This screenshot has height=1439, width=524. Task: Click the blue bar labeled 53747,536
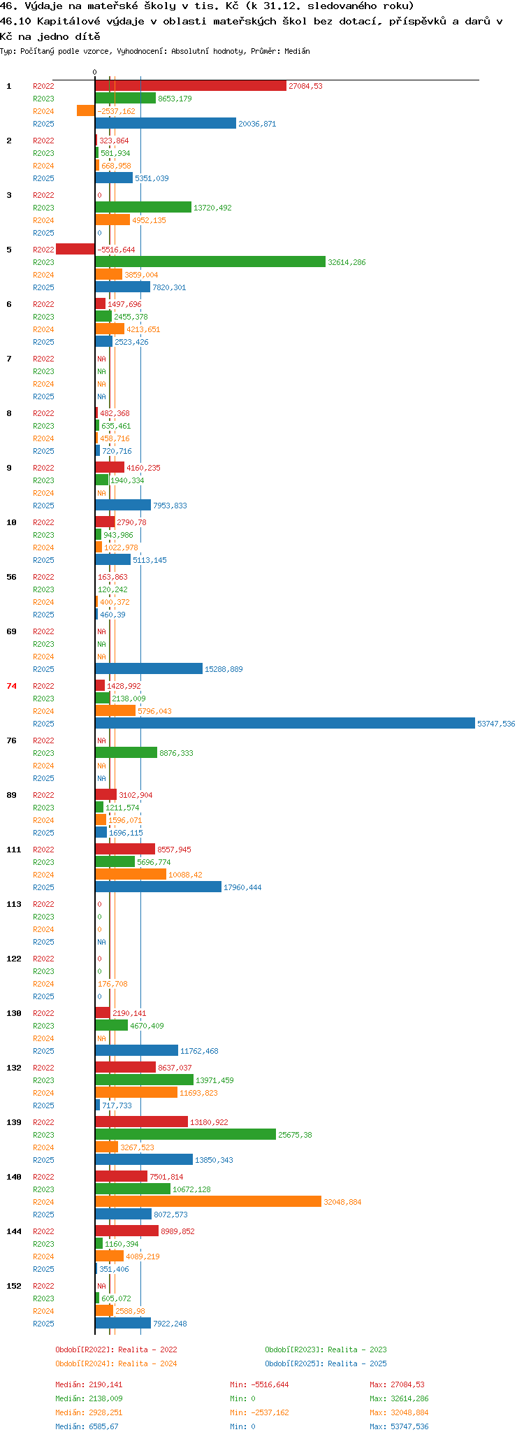[x=285, y=724]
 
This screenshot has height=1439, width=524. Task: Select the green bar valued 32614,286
[x=210, y=262]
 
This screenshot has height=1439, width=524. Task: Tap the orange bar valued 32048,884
[x=208, y=1202]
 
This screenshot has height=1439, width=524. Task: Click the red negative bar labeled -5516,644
[x=75, y=250]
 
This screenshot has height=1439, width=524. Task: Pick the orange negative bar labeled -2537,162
[x=86, y=111]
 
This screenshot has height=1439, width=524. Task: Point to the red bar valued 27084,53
[x=191, y=86]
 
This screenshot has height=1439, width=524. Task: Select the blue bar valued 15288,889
[x=149, y=669]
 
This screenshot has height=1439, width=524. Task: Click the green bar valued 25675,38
[x=186, y=1135]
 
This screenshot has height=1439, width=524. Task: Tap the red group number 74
[x=12, y=686]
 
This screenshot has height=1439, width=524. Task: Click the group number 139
[x=14, y=1122]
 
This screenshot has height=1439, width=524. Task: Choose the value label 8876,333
[x=176, y=753]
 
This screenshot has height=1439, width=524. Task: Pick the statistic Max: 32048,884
[x=399, y=1412]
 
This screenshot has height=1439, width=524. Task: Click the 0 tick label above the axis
[x=95, y=72]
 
